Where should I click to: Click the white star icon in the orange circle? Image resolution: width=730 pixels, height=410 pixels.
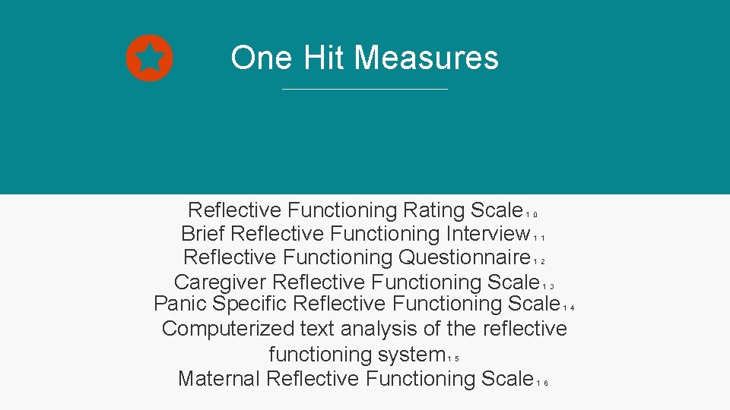(x=150, y=58)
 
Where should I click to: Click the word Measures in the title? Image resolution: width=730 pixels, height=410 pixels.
(x=426, y=58)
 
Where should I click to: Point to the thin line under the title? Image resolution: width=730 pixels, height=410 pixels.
(x=365, y=90)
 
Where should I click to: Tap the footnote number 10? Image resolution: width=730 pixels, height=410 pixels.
(x=532, y=214)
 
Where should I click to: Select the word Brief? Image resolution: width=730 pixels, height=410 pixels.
(x=203, y=233)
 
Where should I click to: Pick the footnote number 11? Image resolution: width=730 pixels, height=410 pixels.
(x=539, y=238)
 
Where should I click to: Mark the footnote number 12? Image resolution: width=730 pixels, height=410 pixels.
(x=539, y=261)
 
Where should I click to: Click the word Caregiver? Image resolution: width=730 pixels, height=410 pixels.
(x=220, y=282)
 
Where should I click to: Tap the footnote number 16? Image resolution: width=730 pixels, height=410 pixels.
(x=542, y=383)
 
